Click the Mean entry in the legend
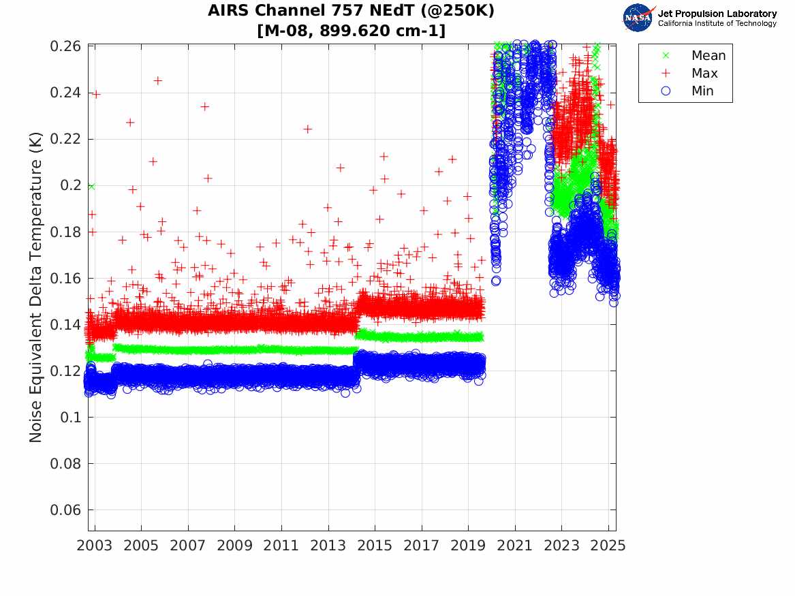(x=708, y=55)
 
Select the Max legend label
(x=704, y=73)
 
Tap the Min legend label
(x=702, y=91)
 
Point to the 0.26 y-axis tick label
(x=66, y=46)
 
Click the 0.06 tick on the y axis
(x=66, y=510)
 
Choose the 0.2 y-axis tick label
(x=72, y=185)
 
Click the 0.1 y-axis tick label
(x=72, y=418)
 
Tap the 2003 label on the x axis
(x=95, y=546)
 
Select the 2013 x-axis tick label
(x=328, y=546)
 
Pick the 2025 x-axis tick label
(x=608, y=546)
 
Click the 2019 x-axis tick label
(x=469, y=546)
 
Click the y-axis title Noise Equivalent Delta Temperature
(x=36, y=288)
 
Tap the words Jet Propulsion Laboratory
(x=717, y=14)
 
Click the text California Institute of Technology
(x=717, y=24)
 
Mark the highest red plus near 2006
(x=157, y=80)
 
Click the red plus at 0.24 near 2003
(x=96, y=94)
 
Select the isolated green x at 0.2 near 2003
(x=91, y=185)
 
